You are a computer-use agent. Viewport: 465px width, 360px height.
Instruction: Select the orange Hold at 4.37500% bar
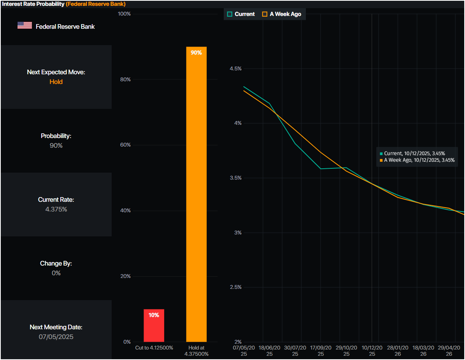196,194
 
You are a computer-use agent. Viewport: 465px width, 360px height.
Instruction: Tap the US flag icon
25,26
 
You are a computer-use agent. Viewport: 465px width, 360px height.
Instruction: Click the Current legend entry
241,14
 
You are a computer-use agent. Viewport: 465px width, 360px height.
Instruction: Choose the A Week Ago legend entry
282,14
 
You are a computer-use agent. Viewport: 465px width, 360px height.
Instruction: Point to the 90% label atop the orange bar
196,52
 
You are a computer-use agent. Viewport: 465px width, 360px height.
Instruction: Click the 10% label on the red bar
154,315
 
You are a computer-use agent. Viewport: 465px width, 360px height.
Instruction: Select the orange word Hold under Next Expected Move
56,82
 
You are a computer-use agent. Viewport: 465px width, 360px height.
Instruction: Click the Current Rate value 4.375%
56,209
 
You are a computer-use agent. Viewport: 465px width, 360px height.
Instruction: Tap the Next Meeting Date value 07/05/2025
56,337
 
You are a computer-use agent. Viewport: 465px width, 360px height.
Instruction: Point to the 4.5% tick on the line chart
235,68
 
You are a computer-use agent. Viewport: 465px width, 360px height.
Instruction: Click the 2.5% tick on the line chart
235,287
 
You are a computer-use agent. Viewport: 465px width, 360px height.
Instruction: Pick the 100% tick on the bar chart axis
124,14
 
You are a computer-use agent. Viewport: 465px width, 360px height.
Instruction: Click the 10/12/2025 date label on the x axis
372,351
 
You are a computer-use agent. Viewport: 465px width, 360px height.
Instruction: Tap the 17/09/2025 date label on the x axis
321,351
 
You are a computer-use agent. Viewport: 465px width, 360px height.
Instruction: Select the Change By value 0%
56,273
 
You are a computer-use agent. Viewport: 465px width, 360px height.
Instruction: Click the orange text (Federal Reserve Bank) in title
96,4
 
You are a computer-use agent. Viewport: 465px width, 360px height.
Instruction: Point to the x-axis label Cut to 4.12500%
154,348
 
